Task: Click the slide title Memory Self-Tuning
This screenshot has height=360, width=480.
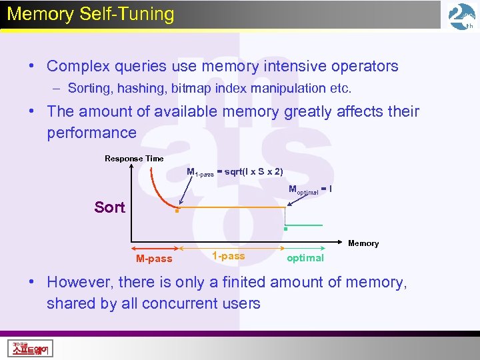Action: (90, 15)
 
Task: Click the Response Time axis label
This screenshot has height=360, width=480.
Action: (134, 159)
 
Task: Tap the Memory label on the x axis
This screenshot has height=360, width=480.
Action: (363, 243)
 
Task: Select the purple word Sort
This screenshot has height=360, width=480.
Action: (109, 207)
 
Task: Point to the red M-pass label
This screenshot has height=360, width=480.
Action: (154, 259)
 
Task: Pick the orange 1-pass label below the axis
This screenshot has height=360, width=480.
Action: (228, 256)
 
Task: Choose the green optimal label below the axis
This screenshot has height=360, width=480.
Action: (305, 258)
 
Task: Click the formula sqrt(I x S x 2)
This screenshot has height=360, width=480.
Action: (253, 172)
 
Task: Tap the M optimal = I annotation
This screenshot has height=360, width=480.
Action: (310, 190)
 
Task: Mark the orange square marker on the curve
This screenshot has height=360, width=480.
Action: (176, 212)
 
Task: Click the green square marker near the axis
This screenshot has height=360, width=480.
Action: (285, 229)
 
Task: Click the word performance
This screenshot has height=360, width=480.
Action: (91, 133)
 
